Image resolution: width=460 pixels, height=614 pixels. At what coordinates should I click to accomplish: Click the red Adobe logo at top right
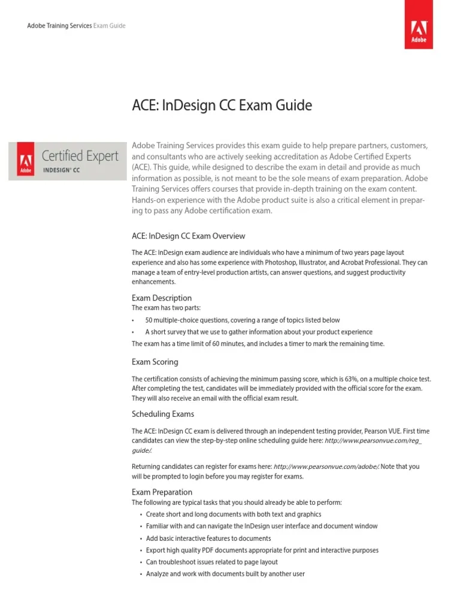[x=419, y=29]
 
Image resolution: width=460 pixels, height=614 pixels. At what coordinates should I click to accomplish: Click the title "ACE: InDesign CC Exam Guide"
[x=222, y=106]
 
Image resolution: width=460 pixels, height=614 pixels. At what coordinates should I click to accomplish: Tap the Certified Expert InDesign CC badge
[x=63, y=160]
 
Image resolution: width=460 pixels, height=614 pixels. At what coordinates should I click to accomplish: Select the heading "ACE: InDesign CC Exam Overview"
[x=188, y=236]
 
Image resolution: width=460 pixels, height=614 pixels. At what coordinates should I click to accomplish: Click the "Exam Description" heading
[x=162, y=298]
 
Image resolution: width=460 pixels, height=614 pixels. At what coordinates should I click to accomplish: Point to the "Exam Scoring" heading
[x=155, y=362]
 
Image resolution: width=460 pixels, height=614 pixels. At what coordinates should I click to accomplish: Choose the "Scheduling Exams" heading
[x=162, y=414]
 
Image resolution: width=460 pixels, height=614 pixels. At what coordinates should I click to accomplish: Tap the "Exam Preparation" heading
[x=162, y=492]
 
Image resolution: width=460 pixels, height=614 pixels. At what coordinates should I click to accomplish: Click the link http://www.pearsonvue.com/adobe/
[x=326, y=466]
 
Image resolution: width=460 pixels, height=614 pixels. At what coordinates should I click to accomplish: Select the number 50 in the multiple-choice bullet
[x=149, y=320]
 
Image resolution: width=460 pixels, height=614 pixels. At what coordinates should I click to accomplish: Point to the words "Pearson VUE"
[x=378, y=432]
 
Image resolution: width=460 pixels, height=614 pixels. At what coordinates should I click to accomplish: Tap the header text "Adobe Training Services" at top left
[x=59, y=26]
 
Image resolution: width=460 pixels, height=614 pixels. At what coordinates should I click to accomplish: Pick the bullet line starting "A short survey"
[x=258, y=332]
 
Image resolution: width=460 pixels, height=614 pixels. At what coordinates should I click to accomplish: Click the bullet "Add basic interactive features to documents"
[x=208, y=538]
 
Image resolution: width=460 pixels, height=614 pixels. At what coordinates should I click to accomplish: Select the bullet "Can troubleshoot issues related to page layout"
[x=211, y=562]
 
